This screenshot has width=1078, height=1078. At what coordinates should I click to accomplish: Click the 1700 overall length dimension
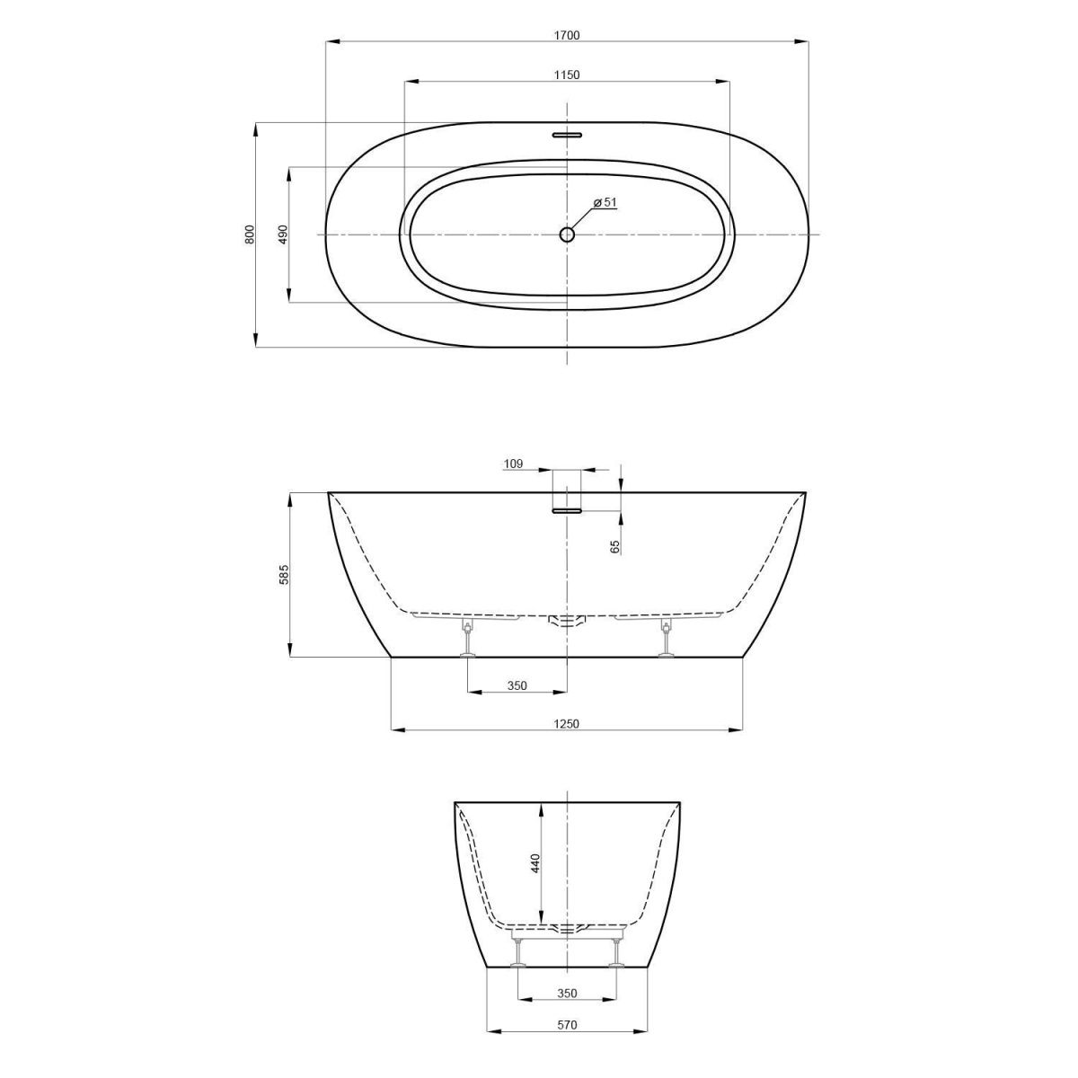pyautogui.click(x=567, y=35)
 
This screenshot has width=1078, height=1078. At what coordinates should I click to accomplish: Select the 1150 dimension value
pyautogui.click(x=567, y=75)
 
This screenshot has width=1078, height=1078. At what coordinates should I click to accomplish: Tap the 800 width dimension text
pyautogui.click(x=250, y=234)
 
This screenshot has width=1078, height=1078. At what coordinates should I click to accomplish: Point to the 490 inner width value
pyautogui.click(x=283, y=234)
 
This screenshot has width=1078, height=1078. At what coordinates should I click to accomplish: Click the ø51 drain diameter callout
pyautogui.click(x=605, y=202)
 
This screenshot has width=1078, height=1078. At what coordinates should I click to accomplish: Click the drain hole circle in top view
pyautogui.click(x=567, y=234)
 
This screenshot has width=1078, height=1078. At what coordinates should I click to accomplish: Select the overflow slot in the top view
pyautogui.click(x=567, y=135)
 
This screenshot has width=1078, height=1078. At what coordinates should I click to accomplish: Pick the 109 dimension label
pyautogui.click(x=513, y=464)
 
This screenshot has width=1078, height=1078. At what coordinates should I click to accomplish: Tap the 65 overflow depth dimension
pyautogui.click(x=616, y=546)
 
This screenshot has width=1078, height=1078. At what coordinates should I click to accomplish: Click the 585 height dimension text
pyautogui.click(x=284, y=575)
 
